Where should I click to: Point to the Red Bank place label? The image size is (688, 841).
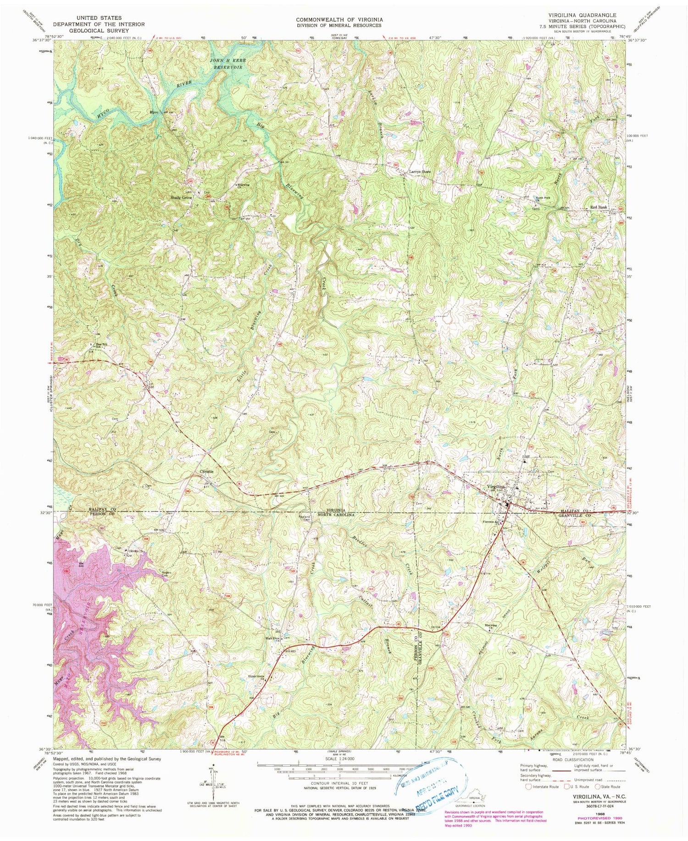coord(599,207)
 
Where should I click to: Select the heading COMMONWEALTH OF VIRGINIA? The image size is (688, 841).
coord(339,20)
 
